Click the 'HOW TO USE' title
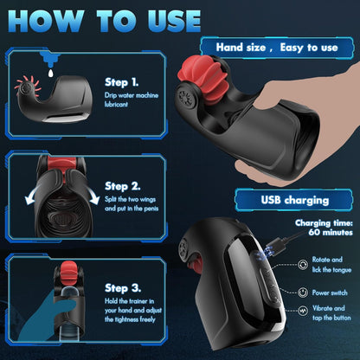coord(105,21)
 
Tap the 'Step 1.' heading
coord(121,82)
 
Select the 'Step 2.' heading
coord(122,186)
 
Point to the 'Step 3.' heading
coord(123,288)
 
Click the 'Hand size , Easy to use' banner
coord(277,48)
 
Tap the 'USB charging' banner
coord(294,200)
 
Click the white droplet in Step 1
coord(51,73)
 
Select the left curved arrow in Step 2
coord(32,196)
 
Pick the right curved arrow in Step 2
coord(93,196)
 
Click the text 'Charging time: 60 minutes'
coord(324,228)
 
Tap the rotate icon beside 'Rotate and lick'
coord(303,264)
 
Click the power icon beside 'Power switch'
coord(302,292)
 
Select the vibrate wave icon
coord(302,311)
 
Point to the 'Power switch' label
coord(330,292)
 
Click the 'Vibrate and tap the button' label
coord(331,312)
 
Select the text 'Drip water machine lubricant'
coord(132,100)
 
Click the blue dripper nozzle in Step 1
coord(50,59)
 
